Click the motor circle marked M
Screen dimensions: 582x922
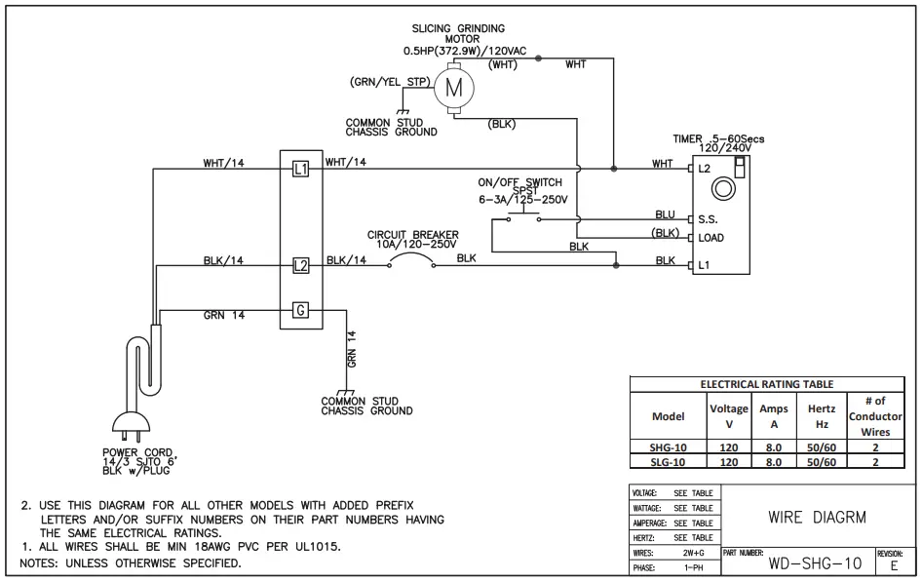click(x=452, y=88)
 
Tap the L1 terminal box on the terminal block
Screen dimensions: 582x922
click(x=300, y=170)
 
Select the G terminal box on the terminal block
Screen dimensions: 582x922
click(x=300, y=311)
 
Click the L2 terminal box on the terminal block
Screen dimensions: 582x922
click(x=300, y=265)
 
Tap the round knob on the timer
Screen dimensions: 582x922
click(x=722, y=187)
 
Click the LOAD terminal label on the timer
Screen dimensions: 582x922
click(x=711, y=238)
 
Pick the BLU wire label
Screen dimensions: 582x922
click(x=665, y=214)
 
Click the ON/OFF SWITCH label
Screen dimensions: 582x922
click(x=519, y=182)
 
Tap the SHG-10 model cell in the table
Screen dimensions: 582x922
click(x=668, y=447)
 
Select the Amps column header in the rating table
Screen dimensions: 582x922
click(x=774, y=416)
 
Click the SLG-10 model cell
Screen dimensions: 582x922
click(x=668, y=462)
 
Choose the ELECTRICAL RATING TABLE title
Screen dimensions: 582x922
click(x=767, y=384)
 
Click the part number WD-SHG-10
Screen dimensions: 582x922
click(x=815, y=563)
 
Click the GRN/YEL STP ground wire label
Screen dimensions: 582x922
click(x=390, y=83)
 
